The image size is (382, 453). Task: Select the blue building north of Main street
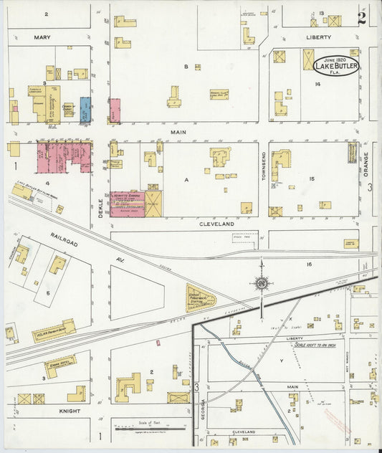coord(85,110)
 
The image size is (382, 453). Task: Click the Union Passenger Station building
coord(199,298)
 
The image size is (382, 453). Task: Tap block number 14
coord(316,85)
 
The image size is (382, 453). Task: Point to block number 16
coord(309,264)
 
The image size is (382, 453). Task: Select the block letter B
coord(186,67)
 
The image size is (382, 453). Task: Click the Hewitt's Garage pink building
coord(127,204)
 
